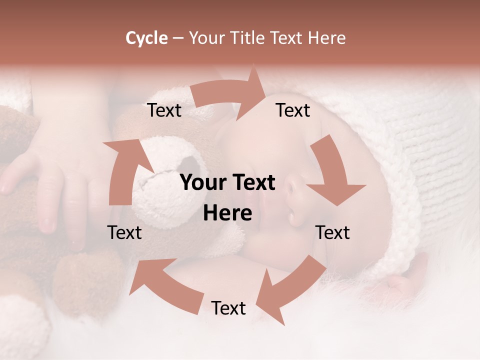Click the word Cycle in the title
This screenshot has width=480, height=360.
(x=146, y=38)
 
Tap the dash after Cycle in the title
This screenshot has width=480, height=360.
(x=177, y=38)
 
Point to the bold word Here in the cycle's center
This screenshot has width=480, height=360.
(x=227, y=213)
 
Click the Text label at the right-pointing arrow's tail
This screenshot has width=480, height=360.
(x=164, y=110)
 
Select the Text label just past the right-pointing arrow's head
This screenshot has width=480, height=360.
(x=293, y=110)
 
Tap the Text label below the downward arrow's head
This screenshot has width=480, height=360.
(x=332, y=232)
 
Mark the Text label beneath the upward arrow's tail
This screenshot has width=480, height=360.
(x=124, y=232)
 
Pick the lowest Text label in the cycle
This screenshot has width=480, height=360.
(x=228, y=308)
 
